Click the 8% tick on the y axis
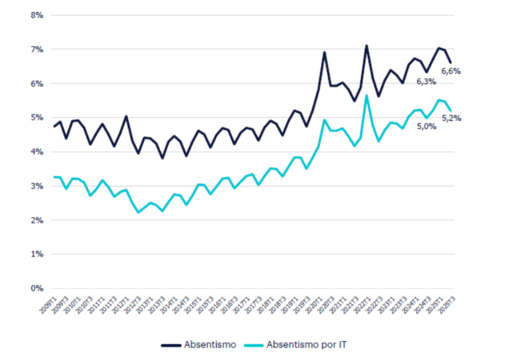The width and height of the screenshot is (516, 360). point(38,15)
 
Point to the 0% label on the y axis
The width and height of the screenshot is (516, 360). point(38,289)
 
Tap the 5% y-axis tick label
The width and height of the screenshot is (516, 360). point(38,118)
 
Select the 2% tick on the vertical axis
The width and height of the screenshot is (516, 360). point(38,220)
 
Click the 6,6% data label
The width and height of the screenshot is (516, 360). point(451,71)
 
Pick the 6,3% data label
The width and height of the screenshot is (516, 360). point(426,81)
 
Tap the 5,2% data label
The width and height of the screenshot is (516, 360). point(451,118)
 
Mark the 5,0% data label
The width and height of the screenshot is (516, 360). point(426,127)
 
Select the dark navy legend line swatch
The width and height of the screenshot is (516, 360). point(171,345)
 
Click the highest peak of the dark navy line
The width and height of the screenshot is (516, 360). point(366,45)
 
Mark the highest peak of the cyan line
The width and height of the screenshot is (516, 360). point(366,95)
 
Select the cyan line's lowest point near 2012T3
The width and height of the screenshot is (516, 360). point(139,212)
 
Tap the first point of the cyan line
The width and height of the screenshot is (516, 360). point(54,177)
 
